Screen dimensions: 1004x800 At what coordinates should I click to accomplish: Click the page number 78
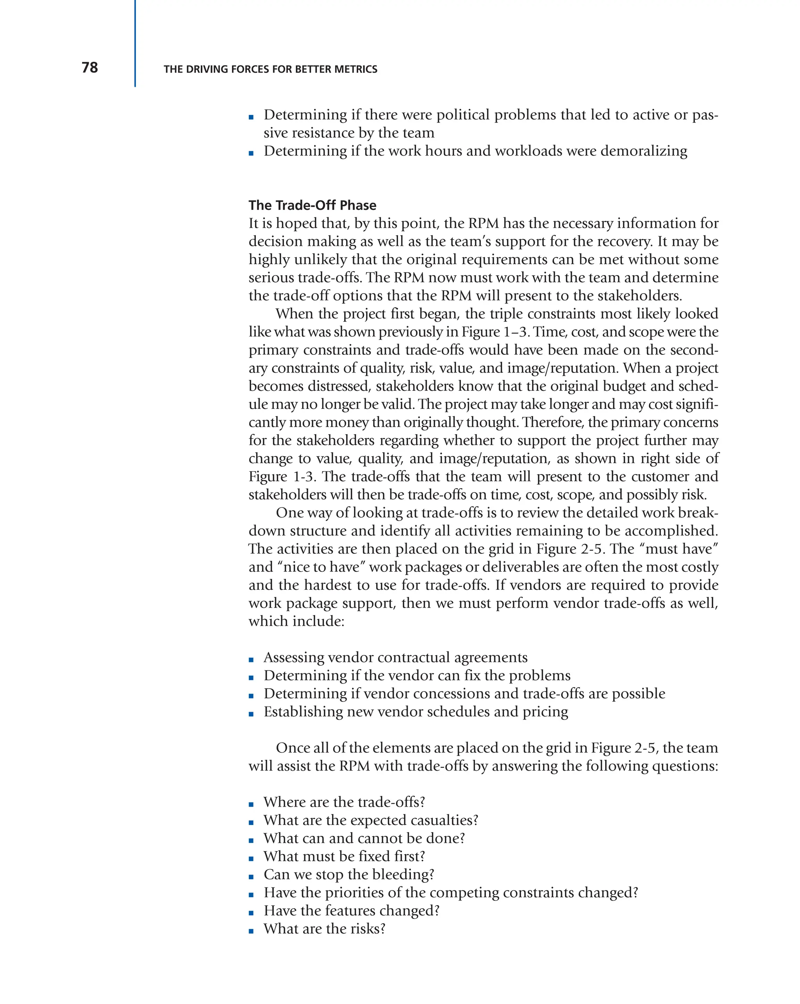(90, 68)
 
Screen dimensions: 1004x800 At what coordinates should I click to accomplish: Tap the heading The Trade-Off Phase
(312, 205)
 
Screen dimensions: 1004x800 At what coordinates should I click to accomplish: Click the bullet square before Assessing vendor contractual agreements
(251, 660)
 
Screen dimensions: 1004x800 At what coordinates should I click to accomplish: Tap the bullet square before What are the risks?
(251, 931)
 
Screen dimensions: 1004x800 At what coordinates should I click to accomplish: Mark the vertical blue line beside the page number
(135, 43)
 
